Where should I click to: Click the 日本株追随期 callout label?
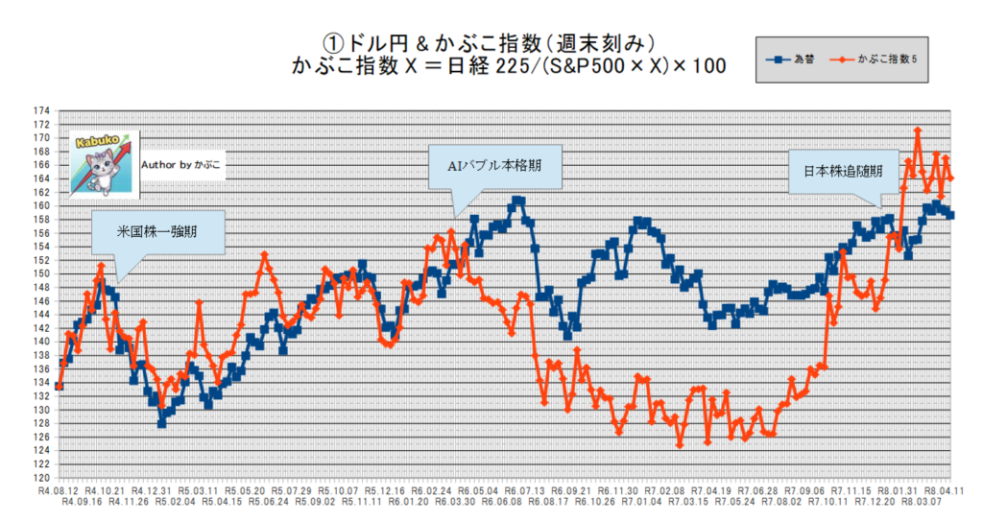point(835,171)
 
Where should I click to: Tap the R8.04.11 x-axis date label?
point(947,489)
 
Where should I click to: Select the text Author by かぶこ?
point(180,165)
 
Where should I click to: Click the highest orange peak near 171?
point(918,130)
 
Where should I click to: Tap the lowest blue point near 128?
point(162,423)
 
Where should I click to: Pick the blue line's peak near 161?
point(518,201)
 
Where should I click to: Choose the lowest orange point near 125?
point(680,445)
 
